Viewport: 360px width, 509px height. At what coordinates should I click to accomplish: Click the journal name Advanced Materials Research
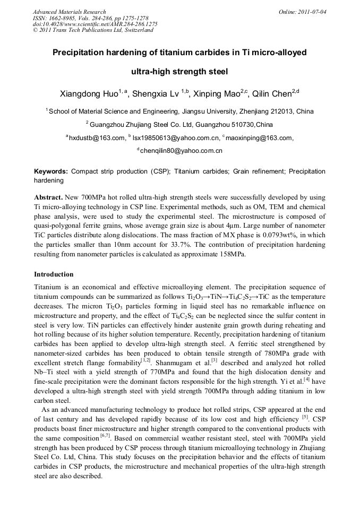pyautogui.click(x=69, y=12)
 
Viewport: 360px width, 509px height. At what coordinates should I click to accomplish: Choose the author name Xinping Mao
pyautogui.click(x=216, y=94)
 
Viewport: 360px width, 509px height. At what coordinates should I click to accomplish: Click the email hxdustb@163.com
pyautogui.click(x=96, y=138)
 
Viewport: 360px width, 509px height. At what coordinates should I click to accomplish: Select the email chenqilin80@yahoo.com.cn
pyautogui.click(x=181, y=151)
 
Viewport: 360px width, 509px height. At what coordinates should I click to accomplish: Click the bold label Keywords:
pyautogui.click(x=51, y=172)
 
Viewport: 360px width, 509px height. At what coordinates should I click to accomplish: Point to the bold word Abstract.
pyautogui.click(x=48, y=196)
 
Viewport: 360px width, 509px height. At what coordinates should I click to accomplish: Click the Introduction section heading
pyautogui.click(x=54, y=274)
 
